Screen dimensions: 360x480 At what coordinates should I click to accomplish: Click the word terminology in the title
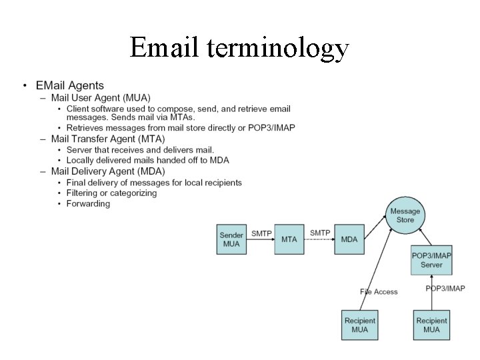point(278,49)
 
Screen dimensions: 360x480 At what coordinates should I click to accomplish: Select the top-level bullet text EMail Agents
point(70,85)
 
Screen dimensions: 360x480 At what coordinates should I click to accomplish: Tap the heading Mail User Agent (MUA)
point(101,97)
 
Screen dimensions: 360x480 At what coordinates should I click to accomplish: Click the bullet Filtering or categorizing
point(111,193)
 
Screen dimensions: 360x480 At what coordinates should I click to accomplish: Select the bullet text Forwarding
point(88,203)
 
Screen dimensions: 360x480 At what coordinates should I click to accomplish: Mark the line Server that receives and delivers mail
point(140,150)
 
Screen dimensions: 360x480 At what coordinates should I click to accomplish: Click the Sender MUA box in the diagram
point(231,239)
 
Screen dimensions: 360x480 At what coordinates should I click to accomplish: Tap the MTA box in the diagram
point(289,239)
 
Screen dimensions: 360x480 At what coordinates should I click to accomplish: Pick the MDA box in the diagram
point(349,239)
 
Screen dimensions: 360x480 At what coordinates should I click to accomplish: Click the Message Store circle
point(405,215)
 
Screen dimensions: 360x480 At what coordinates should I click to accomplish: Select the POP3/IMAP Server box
point(431,260)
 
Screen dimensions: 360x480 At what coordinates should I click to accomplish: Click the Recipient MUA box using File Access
point(360,325)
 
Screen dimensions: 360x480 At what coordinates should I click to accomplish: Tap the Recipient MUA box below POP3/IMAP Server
point(431,325)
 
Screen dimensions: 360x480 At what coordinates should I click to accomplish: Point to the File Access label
point(379,291)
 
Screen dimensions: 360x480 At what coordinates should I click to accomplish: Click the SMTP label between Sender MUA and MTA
point(261,233)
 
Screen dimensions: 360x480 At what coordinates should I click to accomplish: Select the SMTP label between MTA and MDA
point(320,233)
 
